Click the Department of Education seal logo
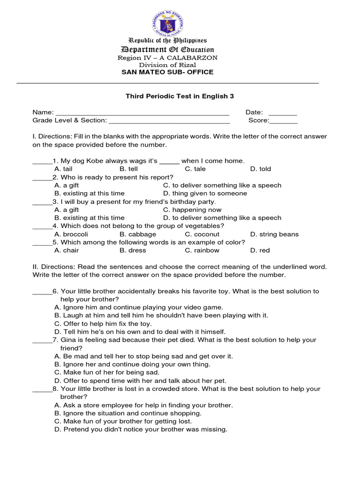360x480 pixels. click(167, 23)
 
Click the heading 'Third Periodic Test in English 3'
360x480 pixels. click(179, 96)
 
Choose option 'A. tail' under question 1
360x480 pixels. click(63, 169)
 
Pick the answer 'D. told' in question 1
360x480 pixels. click(261, 169)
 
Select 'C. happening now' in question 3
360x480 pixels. click(192, 210)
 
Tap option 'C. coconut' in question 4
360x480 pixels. click(202, 234)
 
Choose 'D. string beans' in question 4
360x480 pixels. click(274, 234)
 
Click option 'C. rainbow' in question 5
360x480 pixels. click(202, 250)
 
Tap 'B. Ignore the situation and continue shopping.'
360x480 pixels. click(128, 413)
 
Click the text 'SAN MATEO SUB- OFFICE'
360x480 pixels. click(167, 72)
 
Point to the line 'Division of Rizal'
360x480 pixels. click(167, 65)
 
